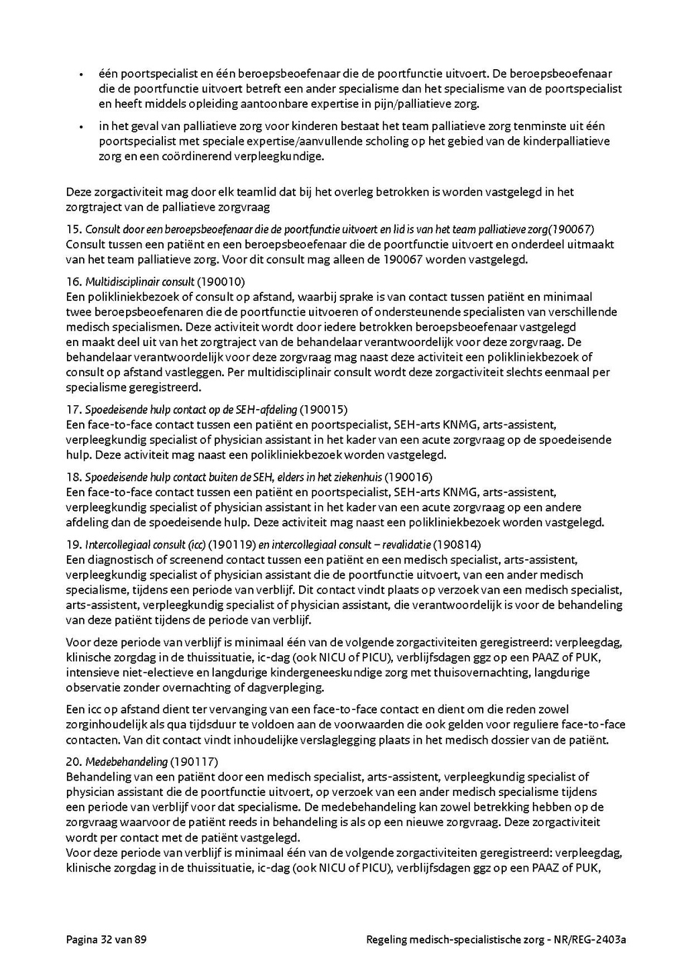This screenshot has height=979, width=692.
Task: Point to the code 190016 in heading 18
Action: point(411,478)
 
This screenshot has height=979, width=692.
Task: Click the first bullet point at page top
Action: point(81,75)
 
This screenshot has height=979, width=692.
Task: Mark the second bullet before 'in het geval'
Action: point(81,126)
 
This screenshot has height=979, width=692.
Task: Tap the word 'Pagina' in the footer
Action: point(82,940)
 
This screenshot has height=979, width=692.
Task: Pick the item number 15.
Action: point(74,229)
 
